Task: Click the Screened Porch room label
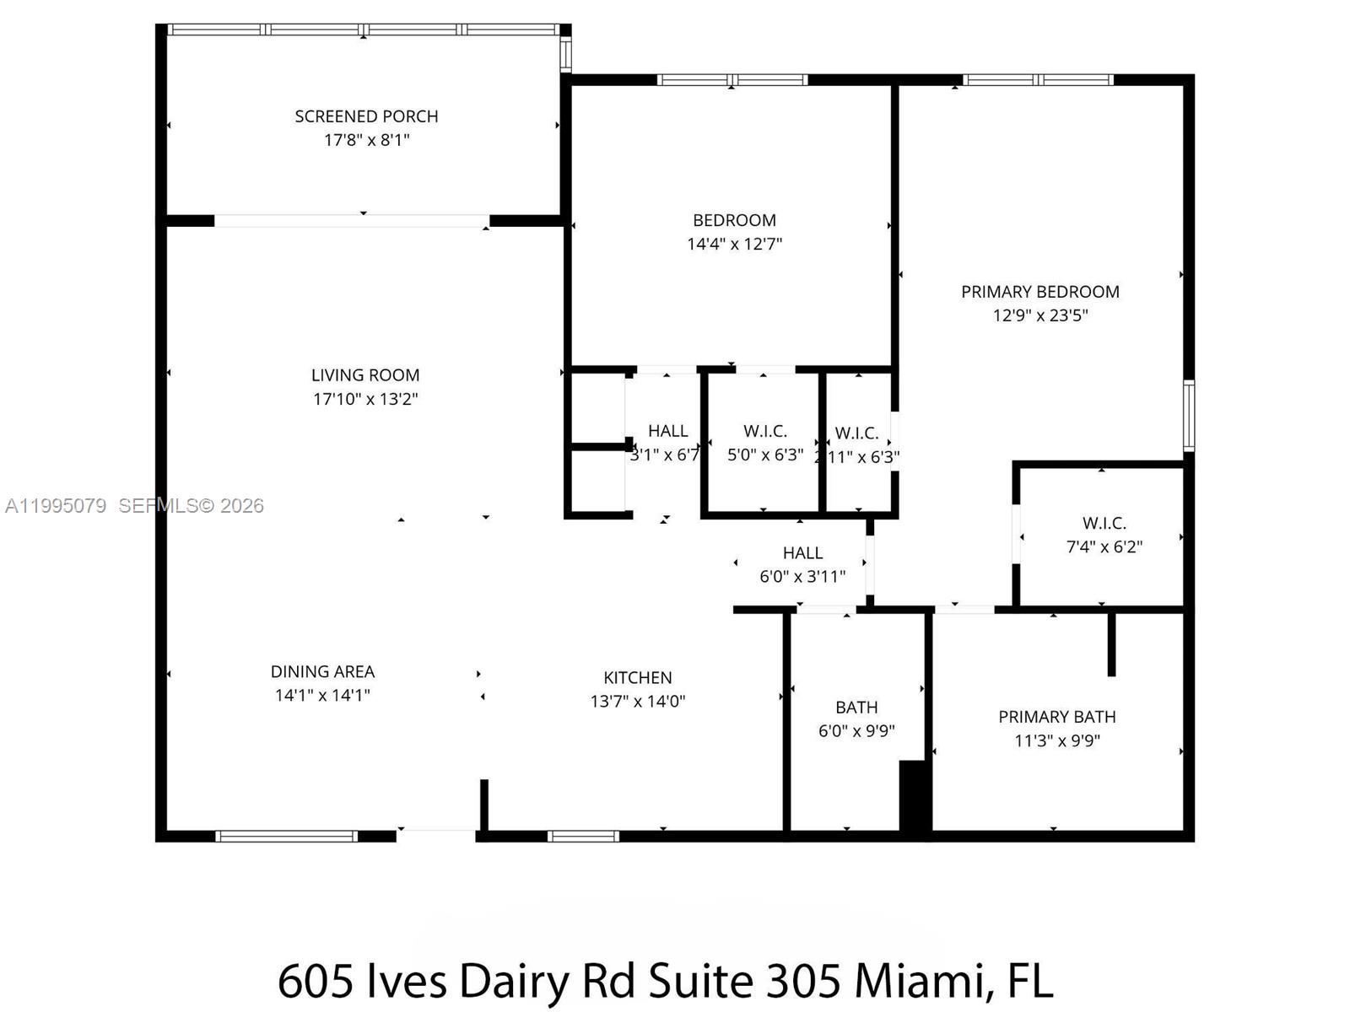pyautogui.click(x=366, y=116)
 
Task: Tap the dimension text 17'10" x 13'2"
pyautogui.click(x=365, y=399)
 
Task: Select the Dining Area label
pyautogui.click(x=322, y=672)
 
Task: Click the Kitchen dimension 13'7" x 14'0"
pyautogui.click(x=637, y=701)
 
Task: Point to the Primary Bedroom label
pyautogui.click(x=1039, y=292)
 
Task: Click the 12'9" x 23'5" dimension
pyautogui.click(x=1039, y=315)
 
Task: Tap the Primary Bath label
pyautogui.click(x=1056, y=717)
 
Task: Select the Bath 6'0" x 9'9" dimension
pyautogui.click(x=856, y=731)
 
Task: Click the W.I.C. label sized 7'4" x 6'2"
pyautogui.click(x=1104, y=523)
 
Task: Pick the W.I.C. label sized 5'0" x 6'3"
pyautogui.click(x=764, y=431)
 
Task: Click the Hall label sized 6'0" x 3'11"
pyautogui.click(x=802, y=553)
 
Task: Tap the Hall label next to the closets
pyautogui.click(x=667, y=431)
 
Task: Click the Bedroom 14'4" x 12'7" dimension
pyautogui.click(x=734, y=245)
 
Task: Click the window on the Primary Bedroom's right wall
pyautogui.click(x=1188, y=415)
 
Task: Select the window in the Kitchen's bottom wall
pyautogui.click(x=582, y=836)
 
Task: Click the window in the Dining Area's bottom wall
pyautogui.click(x=286, y=836)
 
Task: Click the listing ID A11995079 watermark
pyautogui.click(x=56, y=506)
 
